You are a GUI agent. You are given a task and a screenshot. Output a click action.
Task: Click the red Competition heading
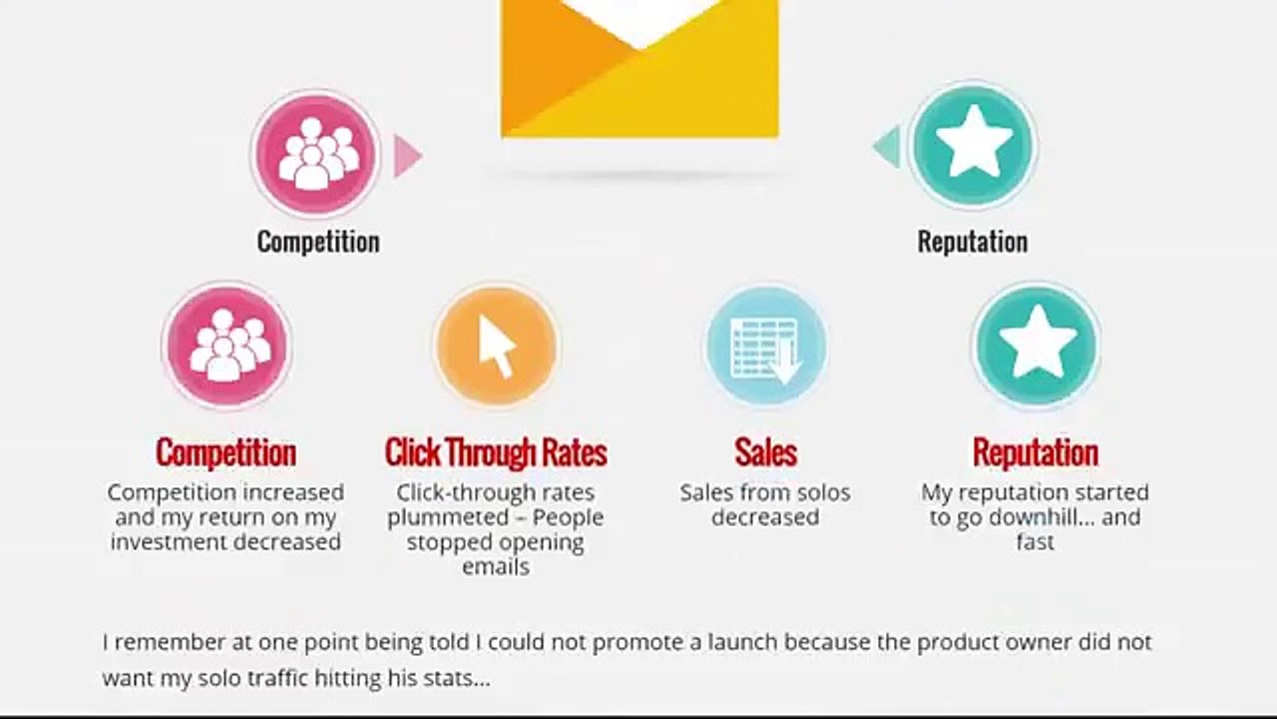(225, 452)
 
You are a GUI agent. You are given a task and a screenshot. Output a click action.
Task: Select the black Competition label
(318, 242)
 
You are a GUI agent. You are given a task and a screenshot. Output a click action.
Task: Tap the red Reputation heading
(1035, 452)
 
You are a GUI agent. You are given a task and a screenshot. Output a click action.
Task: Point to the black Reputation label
(972, 242)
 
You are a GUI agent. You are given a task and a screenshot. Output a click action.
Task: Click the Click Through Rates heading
(496, 452)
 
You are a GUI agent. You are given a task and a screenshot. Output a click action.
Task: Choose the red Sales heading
(765, 452)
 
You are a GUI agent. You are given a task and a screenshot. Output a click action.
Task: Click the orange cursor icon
(496, 346)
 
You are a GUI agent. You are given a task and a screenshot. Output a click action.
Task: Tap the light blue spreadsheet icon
(765, 346)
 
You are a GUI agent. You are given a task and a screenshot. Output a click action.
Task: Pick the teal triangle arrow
(887, 147)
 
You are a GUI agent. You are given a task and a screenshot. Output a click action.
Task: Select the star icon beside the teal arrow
(973, 146)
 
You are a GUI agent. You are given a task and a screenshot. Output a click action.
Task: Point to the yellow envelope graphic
(639, 70)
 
